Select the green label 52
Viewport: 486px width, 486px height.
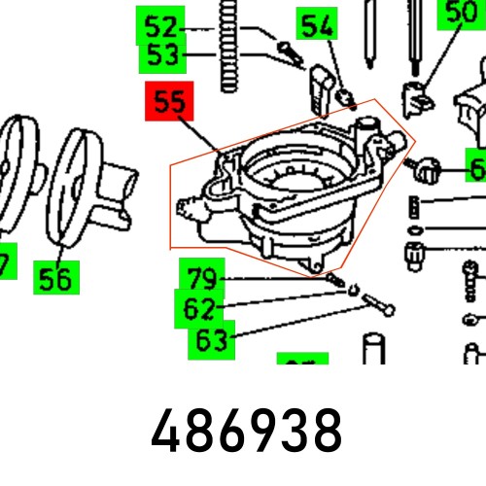(x=161, y=26)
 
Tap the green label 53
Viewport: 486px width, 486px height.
(x=161, y=56)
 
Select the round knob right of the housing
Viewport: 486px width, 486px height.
(x=428, y=169)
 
